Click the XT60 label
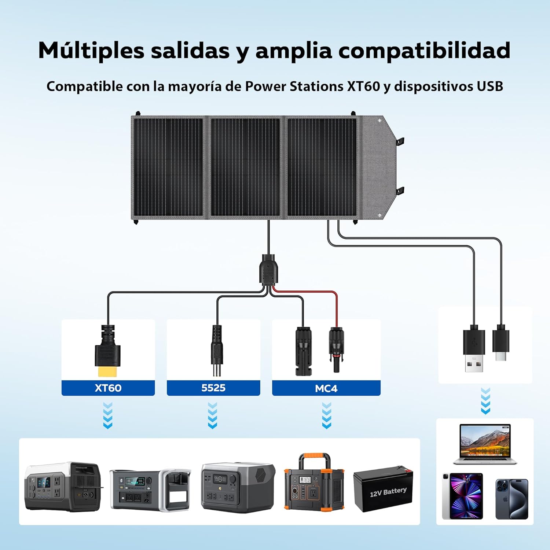108,388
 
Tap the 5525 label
213,388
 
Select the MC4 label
326,388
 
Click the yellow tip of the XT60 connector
108,371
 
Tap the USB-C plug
501,342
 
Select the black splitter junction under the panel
269,270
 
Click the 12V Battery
383,489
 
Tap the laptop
485,444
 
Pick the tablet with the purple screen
462,496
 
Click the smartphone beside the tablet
512,499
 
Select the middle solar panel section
245,167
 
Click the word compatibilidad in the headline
424,50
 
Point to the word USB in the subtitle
490,86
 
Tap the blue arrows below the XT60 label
108,415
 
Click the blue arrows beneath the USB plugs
485,401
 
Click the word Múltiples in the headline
91,51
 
